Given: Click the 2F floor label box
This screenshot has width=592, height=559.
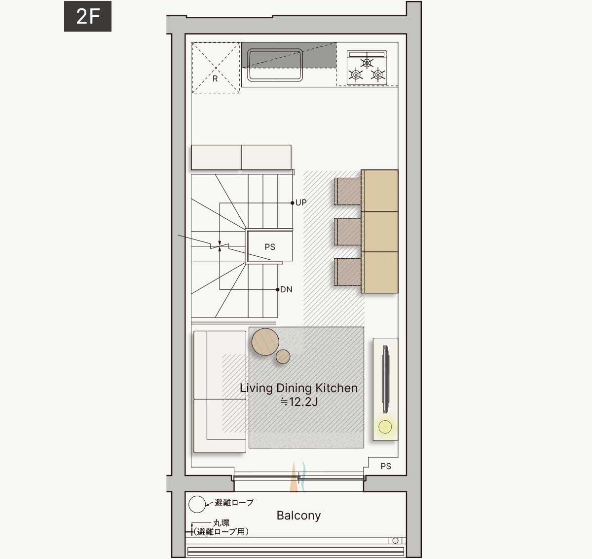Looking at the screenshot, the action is click(x=88, y=16).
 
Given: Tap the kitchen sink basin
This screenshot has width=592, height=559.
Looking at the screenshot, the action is click(x=275, y=65).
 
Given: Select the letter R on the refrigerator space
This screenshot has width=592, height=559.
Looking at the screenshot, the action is click(x=215, y=79).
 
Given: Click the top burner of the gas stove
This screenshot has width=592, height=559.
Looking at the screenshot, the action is click(x=367, y=63).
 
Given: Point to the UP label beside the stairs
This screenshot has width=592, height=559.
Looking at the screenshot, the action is click(x=301, y=202).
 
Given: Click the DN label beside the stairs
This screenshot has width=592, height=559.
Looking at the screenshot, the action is click(x=286, y=289).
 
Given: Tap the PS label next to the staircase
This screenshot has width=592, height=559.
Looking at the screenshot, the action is click(x=270, y=247).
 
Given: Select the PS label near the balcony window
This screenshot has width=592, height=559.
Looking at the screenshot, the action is click(x=386, y=466).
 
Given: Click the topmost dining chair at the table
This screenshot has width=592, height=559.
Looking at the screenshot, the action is click(x=348, y=191).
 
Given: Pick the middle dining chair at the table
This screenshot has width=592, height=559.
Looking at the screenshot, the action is click(x=348, y=232).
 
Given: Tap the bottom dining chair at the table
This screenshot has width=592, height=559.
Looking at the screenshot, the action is click(x=348, y=272).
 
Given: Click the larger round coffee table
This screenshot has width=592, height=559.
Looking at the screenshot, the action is click(x=265, y=342).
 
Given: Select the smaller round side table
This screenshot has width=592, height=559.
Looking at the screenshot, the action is click(x=283, y=357).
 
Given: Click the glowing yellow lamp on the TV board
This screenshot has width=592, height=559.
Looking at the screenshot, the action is click(x=385, y=427).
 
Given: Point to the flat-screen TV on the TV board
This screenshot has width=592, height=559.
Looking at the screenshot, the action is click(x=385, y=379).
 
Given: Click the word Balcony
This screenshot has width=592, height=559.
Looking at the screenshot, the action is click(x=298, y=516).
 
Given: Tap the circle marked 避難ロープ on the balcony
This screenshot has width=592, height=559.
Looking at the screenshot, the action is click(x=197, y=504).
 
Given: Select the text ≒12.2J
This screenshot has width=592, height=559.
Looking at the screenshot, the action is click(x=299, y=401).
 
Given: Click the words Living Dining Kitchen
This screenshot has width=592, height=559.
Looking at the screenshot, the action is click(x=298, y=388).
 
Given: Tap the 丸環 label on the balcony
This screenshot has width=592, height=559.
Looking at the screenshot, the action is click(x=221, y=523).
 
